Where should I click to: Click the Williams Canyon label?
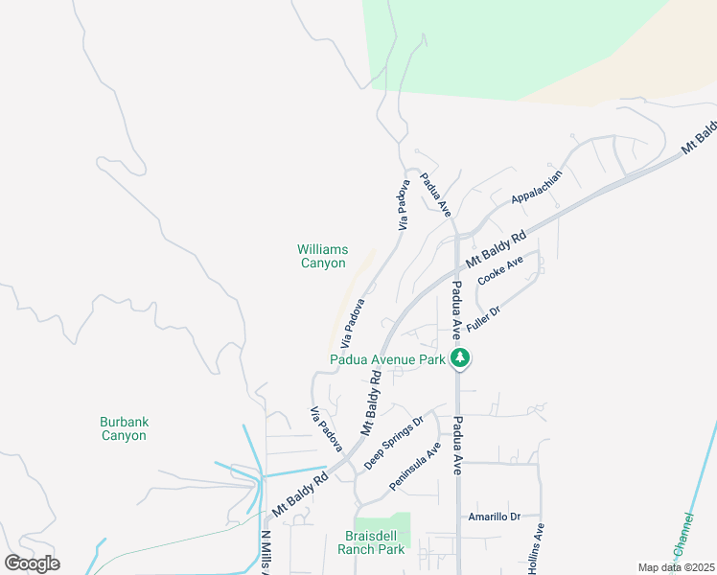(322, 256)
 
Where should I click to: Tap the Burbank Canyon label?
(124, 428)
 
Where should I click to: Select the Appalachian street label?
(536, 186)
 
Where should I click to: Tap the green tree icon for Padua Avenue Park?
(461, 359)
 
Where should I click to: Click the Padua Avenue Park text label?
(388, 360)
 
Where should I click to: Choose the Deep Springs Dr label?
(394, 444)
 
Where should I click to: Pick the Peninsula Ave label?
(415, 467)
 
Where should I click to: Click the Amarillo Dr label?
(494, 517)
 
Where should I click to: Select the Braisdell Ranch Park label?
(371, 542)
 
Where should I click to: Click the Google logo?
(32, 563)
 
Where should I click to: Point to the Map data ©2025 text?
(675, 567)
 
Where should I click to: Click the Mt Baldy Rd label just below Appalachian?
(497, 248)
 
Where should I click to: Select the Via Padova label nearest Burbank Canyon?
(326, 429)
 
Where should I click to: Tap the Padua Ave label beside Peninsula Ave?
(457, 446)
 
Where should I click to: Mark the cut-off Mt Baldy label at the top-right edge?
(700, 138)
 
